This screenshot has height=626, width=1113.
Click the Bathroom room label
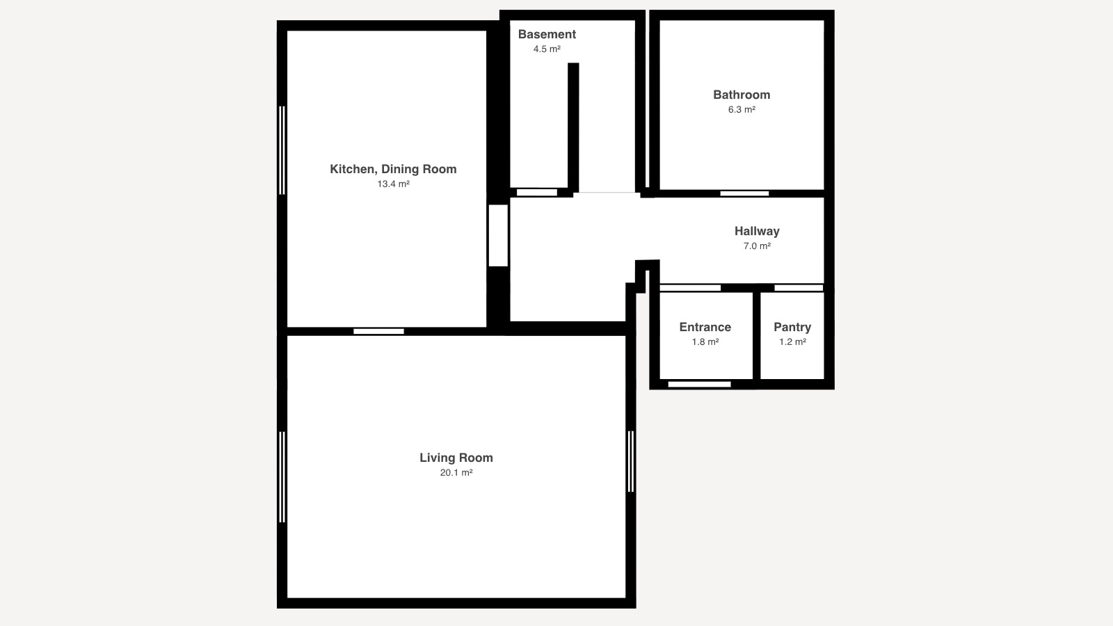742,95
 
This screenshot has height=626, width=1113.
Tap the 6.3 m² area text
742,109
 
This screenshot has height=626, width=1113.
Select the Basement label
547,34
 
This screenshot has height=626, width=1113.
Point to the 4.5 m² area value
547,49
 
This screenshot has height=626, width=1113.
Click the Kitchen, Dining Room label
393,169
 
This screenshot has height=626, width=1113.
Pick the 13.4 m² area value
393,184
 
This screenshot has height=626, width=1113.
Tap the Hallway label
757,231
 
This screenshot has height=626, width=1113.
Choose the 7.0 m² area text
757,246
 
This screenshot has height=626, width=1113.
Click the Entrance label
705,327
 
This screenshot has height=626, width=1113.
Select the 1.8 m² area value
705,342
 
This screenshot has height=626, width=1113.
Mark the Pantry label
792,327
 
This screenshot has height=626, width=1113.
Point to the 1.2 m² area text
792,342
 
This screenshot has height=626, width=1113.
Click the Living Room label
456,458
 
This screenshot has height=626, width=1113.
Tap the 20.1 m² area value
456,472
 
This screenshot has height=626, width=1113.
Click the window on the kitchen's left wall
282,150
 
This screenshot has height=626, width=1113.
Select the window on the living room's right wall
631,462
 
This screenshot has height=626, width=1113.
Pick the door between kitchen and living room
378,331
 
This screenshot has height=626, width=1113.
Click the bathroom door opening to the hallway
744,193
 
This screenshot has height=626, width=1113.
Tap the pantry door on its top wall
799,288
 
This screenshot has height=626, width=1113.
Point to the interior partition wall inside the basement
573,127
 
